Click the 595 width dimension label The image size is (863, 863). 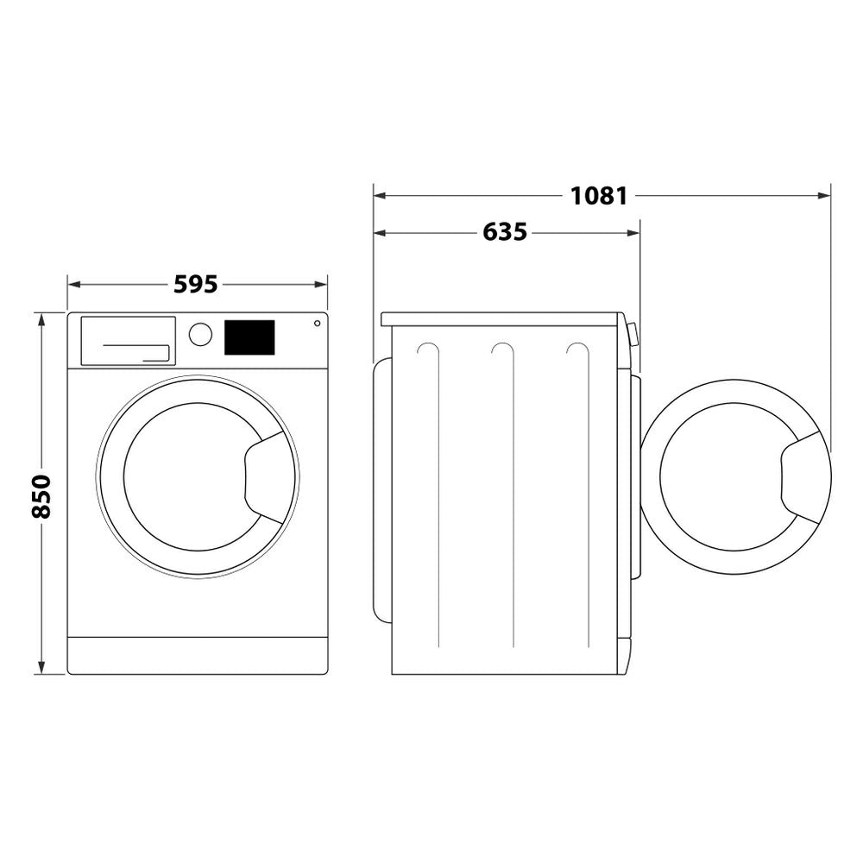pyautogui.click(x=196, y=284)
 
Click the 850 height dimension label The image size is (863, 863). pyautogui.click(x=41, y=495)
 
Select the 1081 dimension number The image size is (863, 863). pyautogui.click(x=598, y=196)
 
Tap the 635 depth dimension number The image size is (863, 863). pyautogui.click(x=505, y=232)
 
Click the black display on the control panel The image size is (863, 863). pyautogui.click(x=249, y=337)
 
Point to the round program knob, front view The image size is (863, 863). pyautogui.click(x=200, y=335)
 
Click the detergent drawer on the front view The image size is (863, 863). pyautogui.click(x=128, y=341)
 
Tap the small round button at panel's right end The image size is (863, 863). pyautogui.click(x=317, y=324)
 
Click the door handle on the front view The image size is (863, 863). pyautogui.click(x=269, y=477)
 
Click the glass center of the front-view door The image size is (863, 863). pyautogui.click(x=186, y=477)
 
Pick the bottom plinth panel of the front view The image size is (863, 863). pyautogui.click(x=198, y=656)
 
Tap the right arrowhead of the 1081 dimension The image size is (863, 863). pyautogui.click(x=825, y=196)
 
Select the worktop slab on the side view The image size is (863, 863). pyautogui.click(x=501, y=319)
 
